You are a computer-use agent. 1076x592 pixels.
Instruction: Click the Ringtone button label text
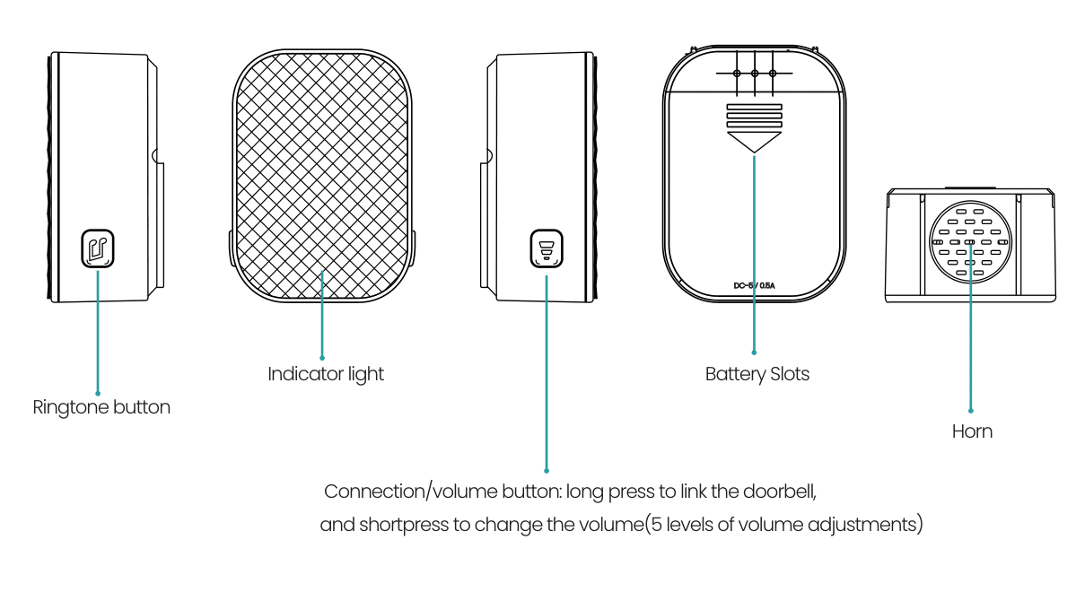pyautogui.click(x=101, y=407)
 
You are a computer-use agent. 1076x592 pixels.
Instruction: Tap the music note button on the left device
pyautogui.click(x=98, y=248)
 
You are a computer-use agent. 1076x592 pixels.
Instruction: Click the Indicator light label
pyautogui.click(x=326, y=374)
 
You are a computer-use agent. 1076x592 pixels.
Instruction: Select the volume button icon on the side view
pyautogui.click(x=546, y=248)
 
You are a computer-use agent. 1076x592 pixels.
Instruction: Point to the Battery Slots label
pyautogui.click(x=757, y=374)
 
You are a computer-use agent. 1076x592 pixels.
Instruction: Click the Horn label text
pyautogui.click(x=972, y=431)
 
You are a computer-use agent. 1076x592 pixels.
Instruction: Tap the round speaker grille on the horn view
pyautogui.click(x=971, y=241)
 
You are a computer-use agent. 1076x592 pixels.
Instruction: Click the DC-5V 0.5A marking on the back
pyautogui.click(x=754, y=286)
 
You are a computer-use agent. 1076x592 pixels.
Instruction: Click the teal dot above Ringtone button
pyautogui.click(x=98, y=392)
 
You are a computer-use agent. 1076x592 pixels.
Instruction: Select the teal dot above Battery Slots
pyautogui.click(x=754, y=353)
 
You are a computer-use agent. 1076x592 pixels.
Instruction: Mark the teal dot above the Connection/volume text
pyautogui.click(x=546, y=469)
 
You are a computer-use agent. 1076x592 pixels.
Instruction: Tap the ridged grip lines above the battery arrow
pyautogui.click(x=754, y=116)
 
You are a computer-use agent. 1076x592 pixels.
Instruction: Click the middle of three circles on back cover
pyautogui.click(x=755, y=74)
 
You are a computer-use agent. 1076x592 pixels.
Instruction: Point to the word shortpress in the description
pyautogui.click(x=403, y=525)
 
